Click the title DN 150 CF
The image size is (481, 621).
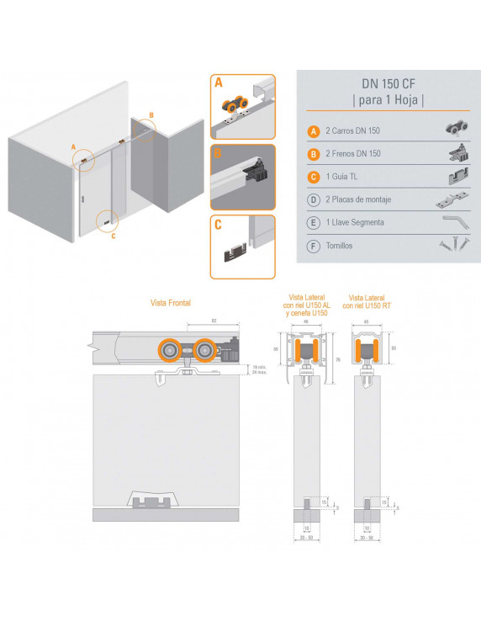[388, 84]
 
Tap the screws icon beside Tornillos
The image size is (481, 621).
[451, 246]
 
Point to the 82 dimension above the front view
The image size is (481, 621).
[215, 321]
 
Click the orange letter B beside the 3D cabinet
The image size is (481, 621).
[151, 115]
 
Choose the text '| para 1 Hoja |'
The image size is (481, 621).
[388, 101]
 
